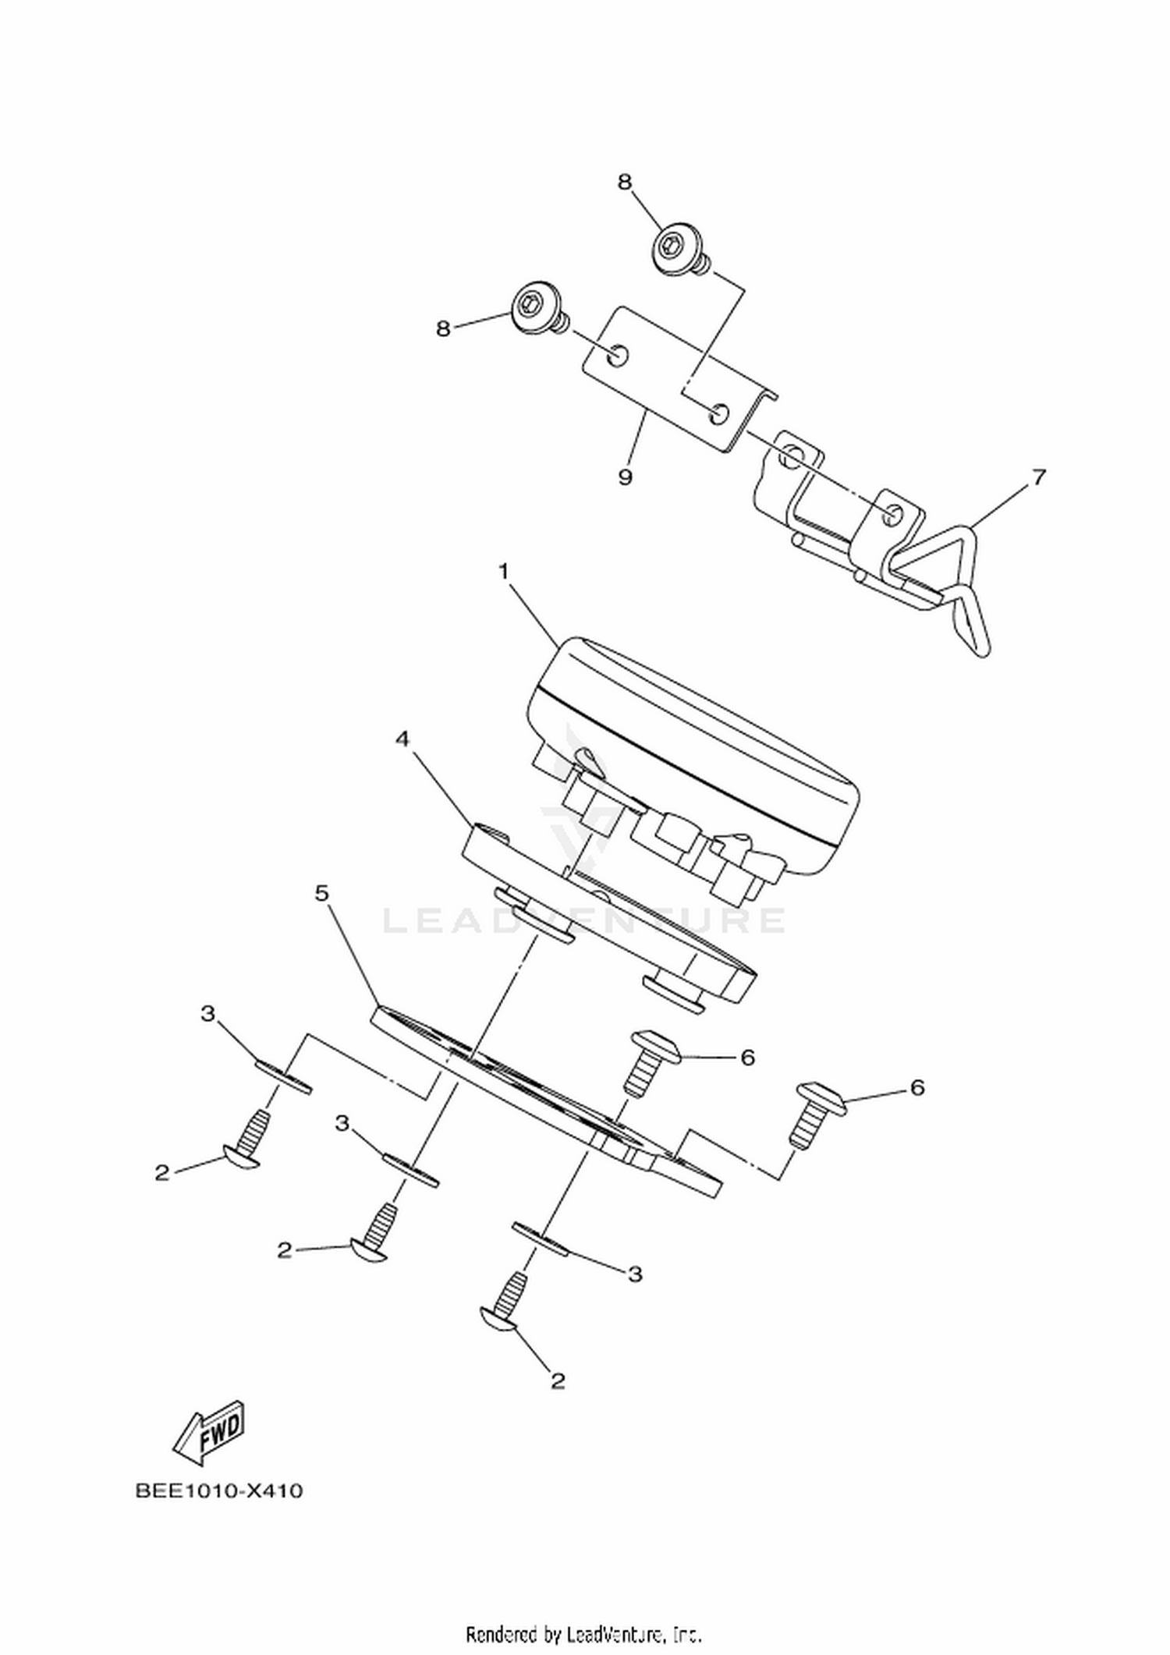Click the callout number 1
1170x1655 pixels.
tap(504, 573)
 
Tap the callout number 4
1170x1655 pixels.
tap(402, 739)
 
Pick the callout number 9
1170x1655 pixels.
tap(626, 477)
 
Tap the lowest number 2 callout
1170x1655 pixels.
tap(557, 1381)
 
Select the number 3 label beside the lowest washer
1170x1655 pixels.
tap(636, 1274)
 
